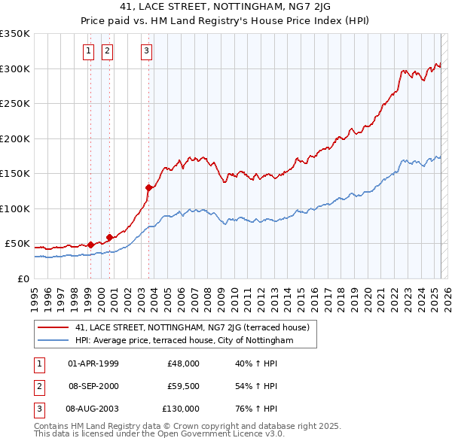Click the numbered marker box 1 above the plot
[x=88, y=51]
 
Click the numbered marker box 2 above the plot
[x=107, y=51]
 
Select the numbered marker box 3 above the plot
[x=145, y=51]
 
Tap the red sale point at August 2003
[x=148, y=187]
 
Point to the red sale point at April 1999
[x=90, y=245]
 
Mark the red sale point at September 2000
[x=110, y=237]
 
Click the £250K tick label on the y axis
[x=15, y=104]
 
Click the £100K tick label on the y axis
[x=15, y=208]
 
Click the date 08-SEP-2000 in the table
[x=93, y=386]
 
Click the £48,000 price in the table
[x=183, y=363]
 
